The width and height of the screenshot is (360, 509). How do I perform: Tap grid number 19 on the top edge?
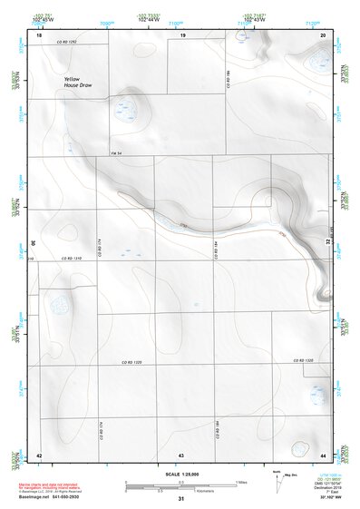click(x=182, y=34)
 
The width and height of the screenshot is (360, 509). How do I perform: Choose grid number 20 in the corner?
click(x=324, y=34)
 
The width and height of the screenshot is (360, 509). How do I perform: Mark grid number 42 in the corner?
click(x=39, y=454)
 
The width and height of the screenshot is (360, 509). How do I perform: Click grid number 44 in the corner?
click(x=324, y=454)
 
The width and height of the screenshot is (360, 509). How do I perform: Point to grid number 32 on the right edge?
click(x=328, y=242)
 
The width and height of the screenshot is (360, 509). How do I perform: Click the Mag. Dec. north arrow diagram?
click(x=277, y=478)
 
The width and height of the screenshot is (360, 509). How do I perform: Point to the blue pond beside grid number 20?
click(x=318, y=62)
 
